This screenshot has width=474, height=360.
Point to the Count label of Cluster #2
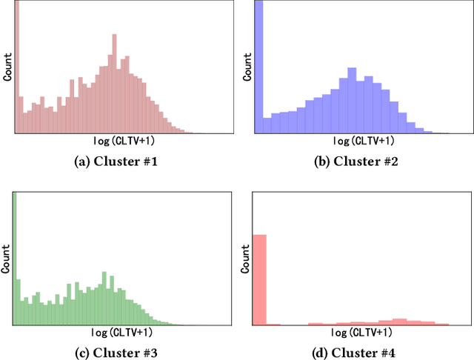(247, 67)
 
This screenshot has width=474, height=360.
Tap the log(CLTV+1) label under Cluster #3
(123, 333)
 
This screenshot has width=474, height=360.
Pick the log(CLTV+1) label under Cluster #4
(361, 333)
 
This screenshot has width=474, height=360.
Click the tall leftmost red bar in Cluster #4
(259, 280)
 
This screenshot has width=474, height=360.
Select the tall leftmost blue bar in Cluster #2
(259, 67)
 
